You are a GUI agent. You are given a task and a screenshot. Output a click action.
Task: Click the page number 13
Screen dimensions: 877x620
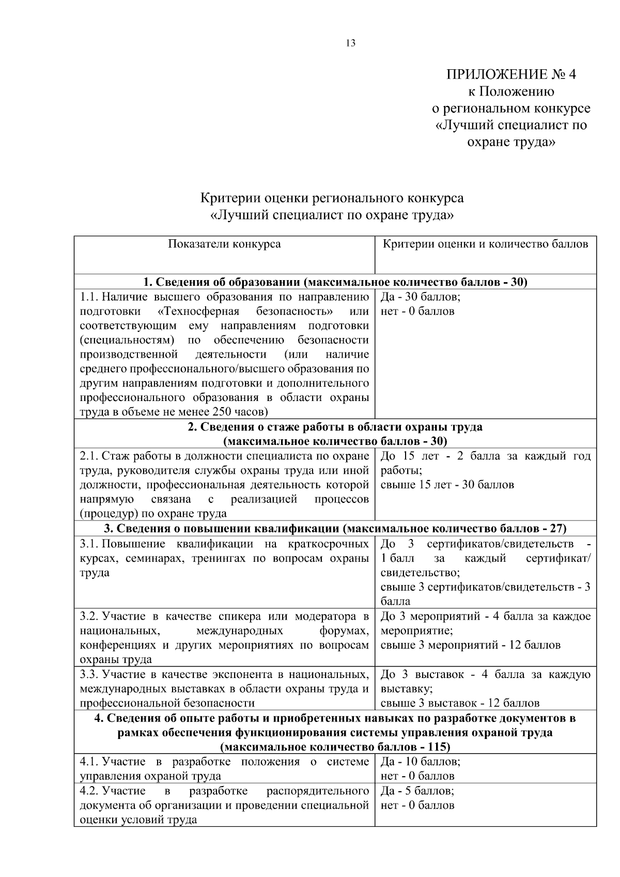pos(350,43)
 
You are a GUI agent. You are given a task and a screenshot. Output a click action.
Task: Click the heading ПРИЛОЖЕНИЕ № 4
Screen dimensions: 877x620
pos(510,74)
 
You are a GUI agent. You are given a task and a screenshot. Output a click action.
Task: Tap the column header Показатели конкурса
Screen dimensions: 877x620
pos(224,244)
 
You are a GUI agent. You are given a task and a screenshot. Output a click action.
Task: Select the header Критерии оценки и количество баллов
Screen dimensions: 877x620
pos(485,244)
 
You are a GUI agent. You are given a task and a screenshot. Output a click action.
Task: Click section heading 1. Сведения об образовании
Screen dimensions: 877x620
pos(335,282)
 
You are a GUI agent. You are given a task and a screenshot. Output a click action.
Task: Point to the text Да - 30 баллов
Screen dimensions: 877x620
pos(420,297)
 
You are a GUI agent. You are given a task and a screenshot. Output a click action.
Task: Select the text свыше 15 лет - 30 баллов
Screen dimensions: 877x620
pos(447,485)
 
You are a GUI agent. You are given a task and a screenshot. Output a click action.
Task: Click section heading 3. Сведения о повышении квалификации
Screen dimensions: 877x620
pos(335,529)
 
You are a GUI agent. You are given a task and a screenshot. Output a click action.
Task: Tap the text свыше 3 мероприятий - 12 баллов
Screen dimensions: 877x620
pos(470,645)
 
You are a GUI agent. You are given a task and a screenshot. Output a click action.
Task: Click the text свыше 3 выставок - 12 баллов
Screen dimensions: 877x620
pos(460,703)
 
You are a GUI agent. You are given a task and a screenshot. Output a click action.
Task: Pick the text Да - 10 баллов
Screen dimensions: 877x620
pos(420,762)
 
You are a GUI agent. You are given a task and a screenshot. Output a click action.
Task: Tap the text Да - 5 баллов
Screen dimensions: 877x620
pos(417,791)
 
